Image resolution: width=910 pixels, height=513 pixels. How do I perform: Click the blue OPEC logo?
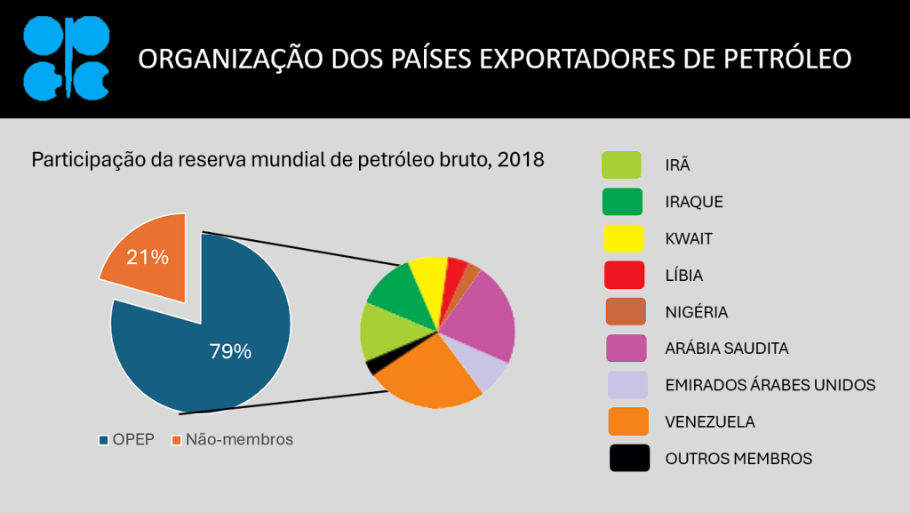tap(66, 59)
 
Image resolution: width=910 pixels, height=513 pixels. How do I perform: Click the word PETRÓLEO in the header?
tap(788, 60)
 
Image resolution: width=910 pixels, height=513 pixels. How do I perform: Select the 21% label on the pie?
tap(148, 257)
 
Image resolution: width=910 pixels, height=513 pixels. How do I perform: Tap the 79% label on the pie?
tap(230, 351)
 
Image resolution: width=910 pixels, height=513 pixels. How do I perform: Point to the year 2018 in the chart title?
tap(521, 161)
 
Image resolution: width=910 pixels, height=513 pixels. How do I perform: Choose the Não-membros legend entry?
tap(232, 439)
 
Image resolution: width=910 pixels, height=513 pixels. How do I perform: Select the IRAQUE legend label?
tap(693, 202)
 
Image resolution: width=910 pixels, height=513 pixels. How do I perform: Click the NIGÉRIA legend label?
tap(696, 312)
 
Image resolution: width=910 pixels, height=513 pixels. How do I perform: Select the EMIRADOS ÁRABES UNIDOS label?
tap(770, 385)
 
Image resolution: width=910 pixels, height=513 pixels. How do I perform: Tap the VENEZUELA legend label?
tap(709, 421)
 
